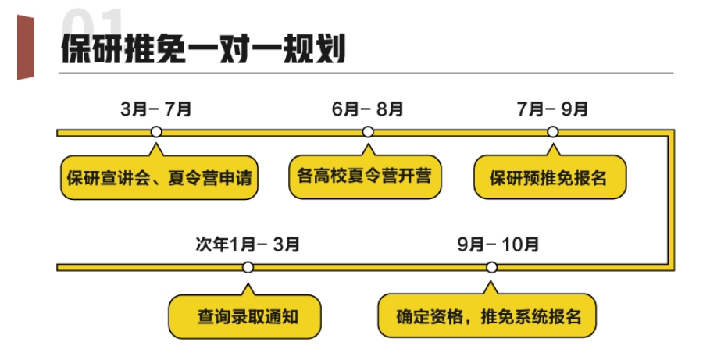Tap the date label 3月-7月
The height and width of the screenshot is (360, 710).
point(156,109)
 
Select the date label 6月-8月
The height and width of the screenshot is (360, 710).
point(368,109)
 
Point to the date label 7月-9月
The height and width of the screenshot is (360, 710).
point(553,109)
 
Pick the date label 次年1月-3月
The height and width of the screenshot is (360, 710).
point(248,244)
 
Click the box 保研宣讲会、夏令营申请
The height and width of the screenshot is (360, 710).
point(160,176)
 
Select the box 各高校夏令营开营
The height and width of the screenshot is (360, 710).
point(365,173)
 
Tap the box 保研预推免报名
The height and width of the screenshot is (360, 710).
point(550,176)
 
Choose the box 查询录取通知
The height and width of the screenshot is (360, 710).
point(244,316)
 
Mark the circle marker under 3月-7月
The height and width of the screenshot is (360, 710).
point(156,132)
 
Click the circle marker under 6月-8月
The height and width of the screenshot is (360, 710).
point(368,132)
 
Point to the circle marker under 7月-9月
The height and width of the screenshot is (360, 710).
point(553,132)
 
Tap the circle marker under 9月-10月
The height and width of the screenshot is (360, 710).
point(491,267)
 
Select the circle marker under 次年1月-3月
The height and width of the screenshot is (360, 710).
point(248,267)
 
